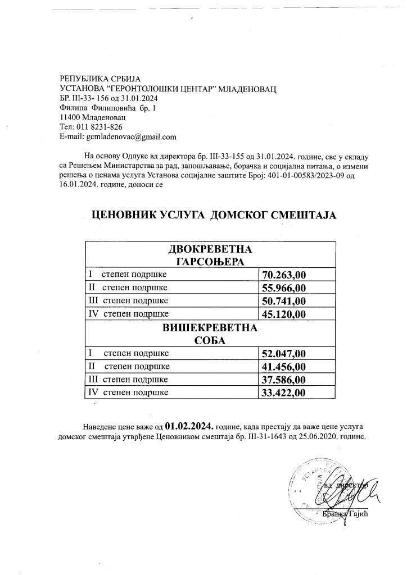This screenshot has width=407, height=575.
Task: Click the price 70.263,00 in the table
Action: tap(284, 275)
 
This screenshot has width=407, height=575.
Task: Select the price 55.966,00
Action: tap(284, 288)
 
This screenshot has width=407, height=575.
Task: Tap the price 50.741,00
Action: tap(284, 301)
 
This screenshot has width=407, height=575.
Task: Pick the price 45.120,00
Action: tap(284, 314)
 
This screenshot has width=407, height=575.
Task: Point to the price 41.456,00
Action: tap(284, 367)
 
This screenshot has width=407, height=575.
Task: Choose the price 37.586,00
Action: tap(284, 380)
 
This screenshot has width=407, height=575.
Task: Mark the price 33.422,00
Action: tap(284, 393)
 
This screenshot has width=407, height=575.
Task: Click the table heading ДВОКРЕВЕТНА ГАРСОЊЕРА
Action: tap(211, 255)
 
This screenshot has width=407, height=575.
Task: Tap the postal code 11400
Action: tap(70, 117)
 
